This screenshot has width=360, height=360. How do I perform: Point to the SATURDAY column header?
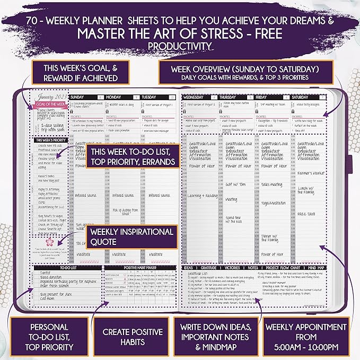click(300, 98)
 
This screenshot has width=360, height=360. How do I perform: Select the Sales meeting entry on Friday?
click(272, 185)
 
